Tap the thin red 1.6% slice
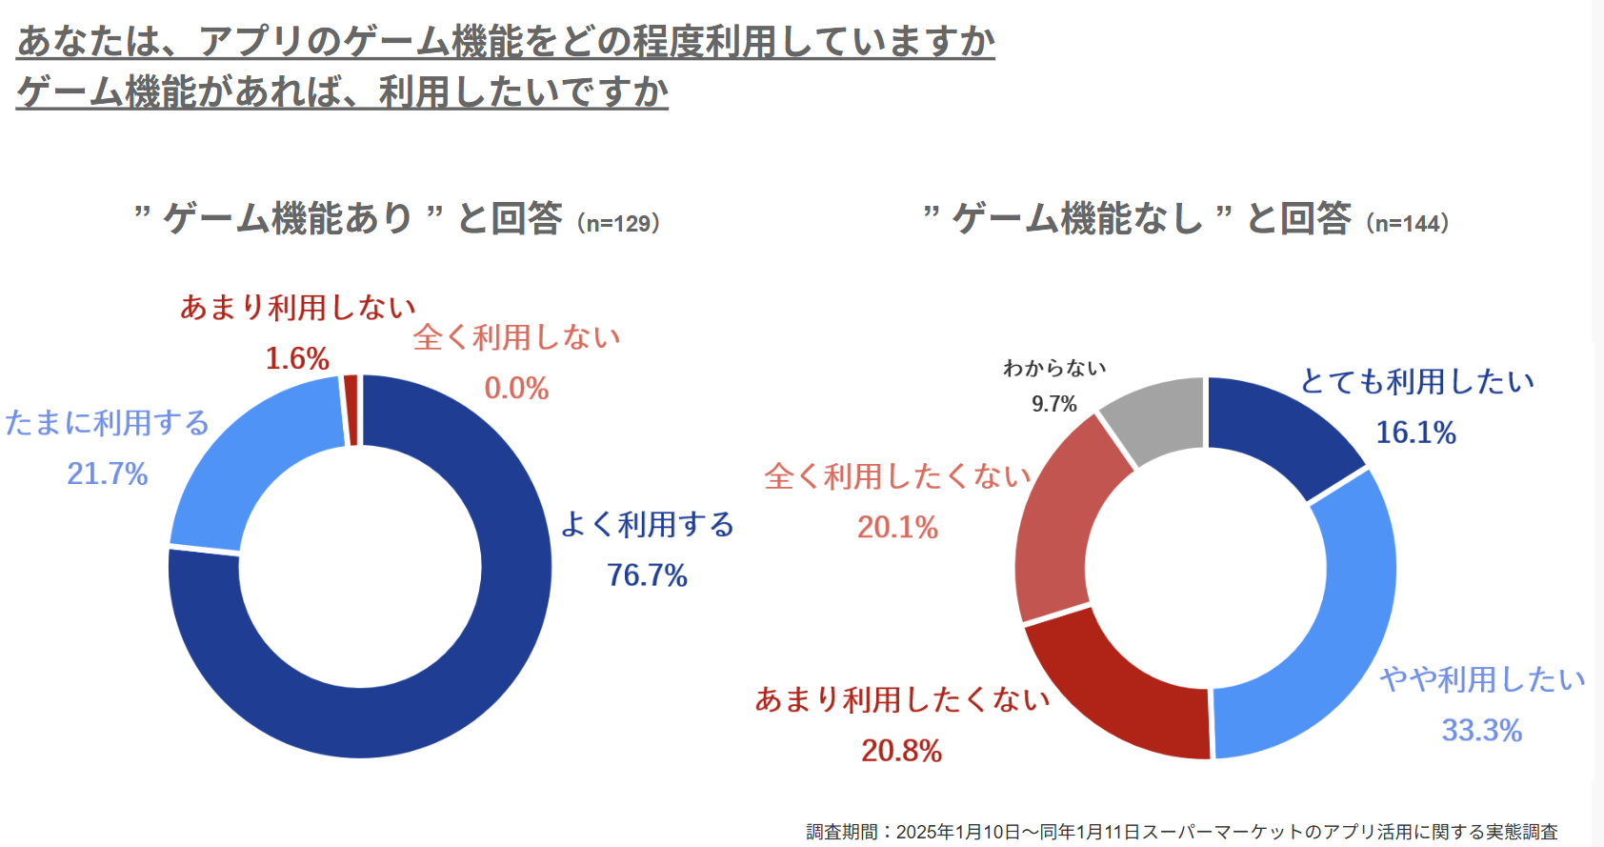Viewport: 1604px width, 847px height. coord(351,410)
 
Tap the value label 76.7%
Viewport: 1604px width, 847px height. coord(647,575)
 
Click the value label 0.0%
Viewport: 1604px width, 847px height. coord(516,389)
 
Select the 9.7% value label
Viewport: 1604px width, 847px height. coord(1053,404)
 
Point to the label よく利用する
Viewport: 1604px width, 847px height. coord(648,524)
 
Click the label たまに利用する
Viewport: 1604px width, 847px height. coord(107,423)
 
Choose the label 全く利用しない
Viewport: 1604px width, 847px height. coord(516,337)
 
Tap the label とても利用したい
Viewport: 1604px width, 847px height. coord(1417,382)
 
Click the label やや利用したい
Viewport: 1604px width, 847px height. coord(1482,679)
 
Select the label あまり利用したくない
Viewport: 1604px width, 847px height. coord(902,699)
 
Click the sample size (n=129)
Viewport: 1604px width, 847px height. coord(619,224)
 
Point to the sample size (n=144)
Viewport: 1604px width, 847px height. coord(1408,224)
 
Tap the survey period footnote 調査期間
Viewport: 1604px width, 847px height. coord(1182,832)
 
